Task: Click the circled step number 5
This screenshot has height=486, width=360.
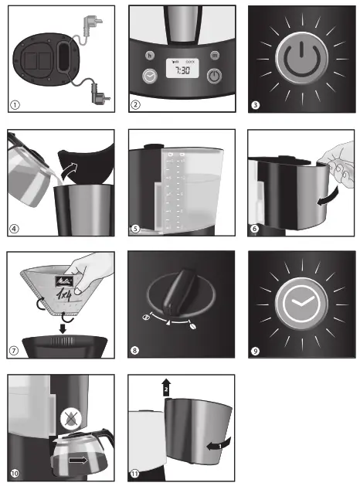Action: click(x=136, y=227)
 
